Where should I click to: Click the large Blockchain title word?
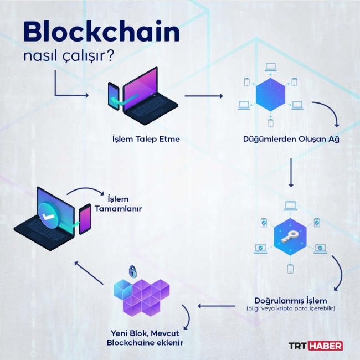tap(101, 33)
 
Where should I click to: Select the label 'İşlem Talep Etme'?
tap(146, 139)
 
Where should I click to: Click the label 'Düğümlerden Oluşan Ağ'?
tap(291, 139)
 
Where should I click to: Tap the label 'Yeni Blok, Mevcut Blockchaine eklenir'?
tap(145, 338)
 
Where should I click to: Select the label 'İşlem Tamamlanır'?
tap(118, 204)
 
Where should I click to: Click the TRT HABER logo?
tap(316, 346)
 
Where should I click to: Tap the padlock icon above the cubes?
tap(132, 271)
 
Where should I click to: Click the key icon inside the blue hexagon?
tap(290, 235)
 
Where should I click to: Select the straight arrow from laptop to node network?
tap(203, 96)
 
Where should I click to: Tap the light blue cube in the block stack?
tap(120, 289)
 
